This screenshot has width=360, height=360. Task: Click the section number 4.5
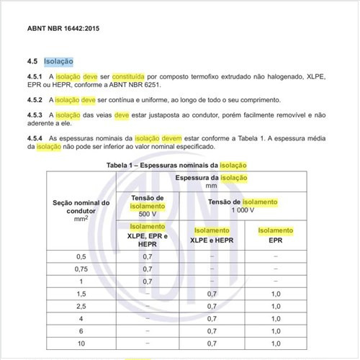[x=32, y=62]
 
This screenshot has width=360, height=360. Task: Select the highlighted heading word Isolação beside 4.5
[x=58, y=62]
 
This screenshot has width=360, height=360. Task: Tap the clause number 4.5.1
[x=35, y=76]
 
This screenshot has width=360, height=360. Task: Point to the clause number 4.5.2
[x=35, y=99]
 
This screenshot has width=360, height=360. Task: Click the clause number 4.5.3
[x=35, y=114]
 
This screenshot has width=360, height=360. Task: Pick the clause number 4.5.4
[x=35, y=138]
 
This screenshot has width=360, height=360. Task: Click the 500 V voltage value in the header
[x=148, y=214]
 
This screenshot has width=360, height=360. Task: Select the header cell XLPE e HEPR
[x=212, y=239]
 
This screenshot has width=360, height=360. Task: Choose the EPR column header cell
[x=276, y=239]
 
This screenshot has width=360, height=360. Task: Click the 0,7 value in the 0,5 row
[x=148, y=256]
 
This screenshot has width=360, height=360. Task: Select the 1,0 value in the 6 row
[x=276, y=331]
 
